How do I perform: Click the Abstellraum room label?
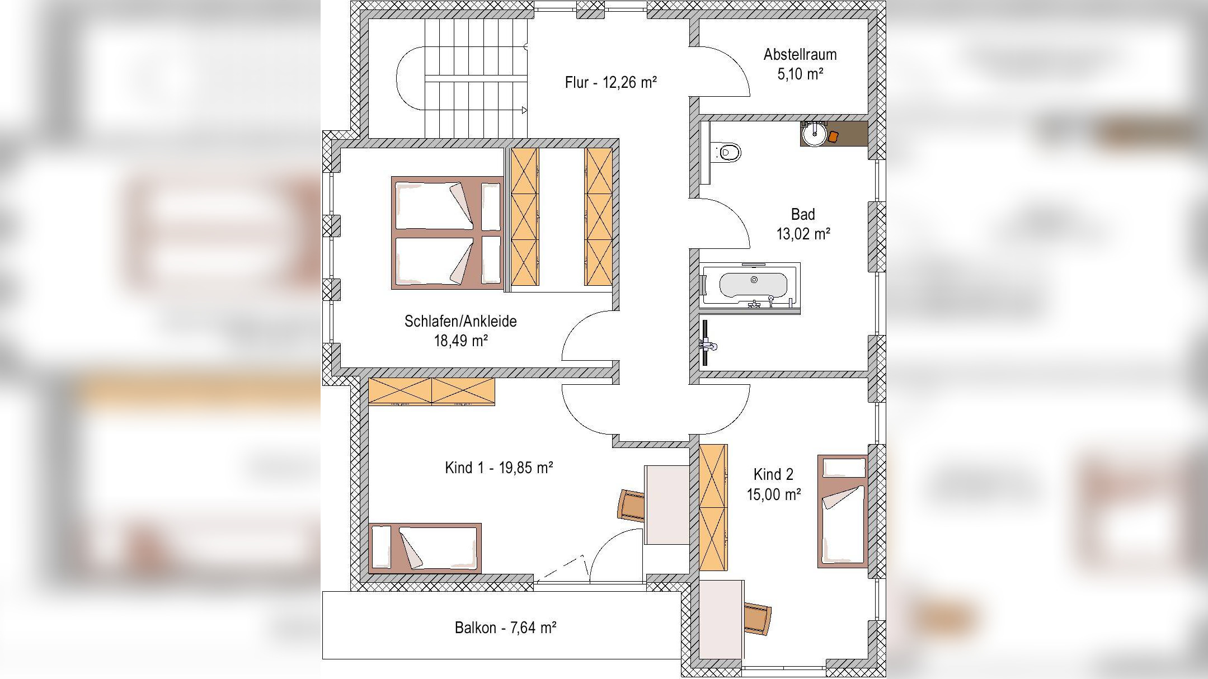pyautogui.click(x=800, y=55)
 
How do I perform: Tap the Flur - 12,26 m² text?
pyautogui.click(x=610, y=83)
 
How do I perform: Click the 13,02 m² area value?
pyautogui.click(x=803, y=234)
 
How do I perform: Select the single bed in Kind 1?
pyautogui.click(x=425, y=548)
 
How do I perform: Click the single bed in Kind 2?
pyautogui.click(x=843, y=511)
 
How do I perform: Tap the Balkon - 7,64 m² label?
pyautogui.click(x=505, y=628)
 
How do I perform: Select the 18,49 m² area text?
pyautogui.click(x=460, y=341)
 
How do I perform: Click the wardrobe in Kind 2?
pyautogui.click(x=713, y=507)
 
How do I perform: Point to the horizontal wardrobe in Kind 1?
pyautogui.click(x=431, y=391)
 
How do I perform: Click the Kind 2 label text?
pyautogui.click(x=773, y=475)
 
